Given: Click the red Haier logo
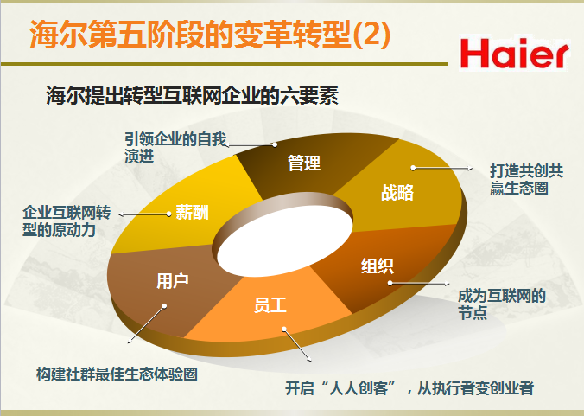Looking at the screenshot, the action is (514, 54).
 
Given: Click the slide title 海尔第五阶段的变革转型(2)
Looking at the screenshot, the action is (210, 35).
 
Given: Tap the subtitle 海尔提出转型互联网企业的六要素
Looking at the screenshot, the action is (192, 96).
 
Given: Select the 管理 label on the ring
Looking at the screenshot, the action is (304, 163).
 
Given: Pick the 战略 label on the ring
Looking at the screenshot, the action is (397, 192).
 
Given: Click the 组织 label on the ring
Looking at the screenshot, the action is (377, 266).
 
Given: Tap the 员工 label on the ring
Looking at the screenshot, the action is (270, 304).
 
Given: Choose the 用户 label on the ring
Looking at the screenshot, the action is (173, 280).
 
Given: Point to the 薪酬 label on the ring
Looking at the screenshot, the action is (192, 212).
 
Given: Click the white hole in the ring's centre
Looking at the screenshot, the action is (284, 239).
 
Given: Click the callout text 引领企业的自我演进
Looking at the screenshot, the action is (175, 148).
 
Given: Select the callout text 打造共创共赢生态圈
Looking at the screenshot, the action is (526, 180).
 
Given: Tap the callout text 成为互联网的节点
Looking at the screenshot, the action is (502, 304).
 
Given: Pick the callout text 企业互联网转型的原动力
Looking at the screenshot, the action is (67, 221).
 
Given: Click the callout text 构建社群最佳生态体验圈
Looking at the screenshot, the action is (117, 374).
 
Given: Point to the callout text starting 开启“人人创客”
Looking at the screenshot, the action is (409, 388).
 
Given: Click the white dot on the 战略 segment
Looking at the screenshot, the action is (413, 168).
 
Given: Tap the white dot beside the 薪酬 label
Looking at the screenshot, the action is (168, 214).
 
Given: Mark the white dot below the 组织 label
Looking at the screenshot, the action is (390, 283).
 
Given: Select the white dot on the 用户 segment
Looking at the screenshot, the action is (164, 306).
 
